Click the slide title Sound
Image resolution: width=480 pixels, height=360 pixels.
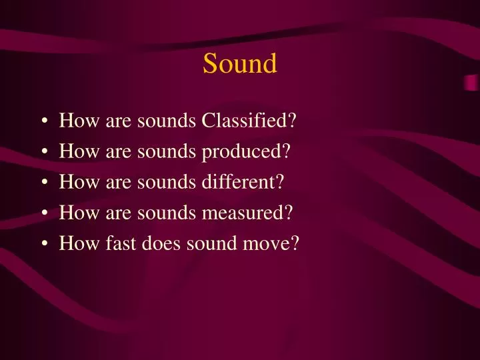pyautogui.click(x=239, y=64)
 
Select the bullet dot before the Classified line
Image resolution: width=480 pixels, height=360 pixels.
pyautogui.click(x=44, y=122)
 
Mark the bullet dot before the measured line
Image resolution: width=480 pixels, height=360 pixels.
pyautogui.click(x=44, y=214)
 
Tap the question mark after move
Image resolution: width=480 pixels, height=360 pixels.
pyautogui.click(x=294, y=244)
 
